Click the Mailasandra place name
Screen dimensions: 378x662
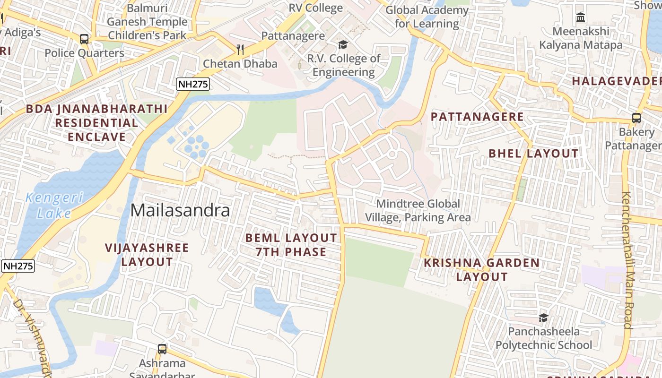coord(180,211)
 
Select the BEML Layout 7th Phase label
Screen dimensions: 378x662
coord(291,245)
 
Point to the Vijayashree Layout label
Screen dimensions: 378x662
coord(147,255)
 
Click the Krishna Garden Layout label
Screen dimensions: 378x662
coord(481,270)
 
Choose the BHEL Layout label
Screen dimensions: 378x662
coord(533,154)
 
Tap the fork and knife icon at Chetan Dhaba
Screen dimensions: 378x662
coord(240,50)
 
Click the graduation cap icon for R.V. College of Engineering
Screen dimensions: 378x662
coord(343,45)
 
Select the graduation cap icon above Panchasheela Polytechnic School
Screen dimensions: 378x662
coord(543,318)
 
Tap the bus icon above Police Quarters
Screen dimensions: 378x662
coord(84,39)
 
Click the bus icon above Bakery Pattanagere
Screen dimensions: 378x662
coord(636,118)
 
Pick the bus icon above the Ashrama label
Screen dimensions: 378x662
coord(162,349)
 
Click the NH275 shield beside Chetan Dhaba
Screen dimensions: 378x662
coord(193,85)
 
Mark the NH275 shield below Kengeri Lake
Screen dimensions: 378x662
coord(18,266)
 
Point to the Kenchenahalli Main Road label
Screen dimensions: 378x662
coord(627,260)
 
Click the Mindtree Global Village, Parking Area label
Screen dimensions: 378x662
coord(418,211)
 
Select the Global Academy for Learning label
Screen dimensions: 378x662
coord(427,17)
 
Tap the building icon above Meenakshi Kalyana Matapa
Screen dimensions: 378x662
coord(581,18)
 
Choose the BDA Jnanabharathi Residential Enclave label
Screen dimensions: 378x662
coord(96,123)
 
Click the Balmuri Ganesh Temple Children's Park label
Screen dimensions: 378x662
coord(147,22)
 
